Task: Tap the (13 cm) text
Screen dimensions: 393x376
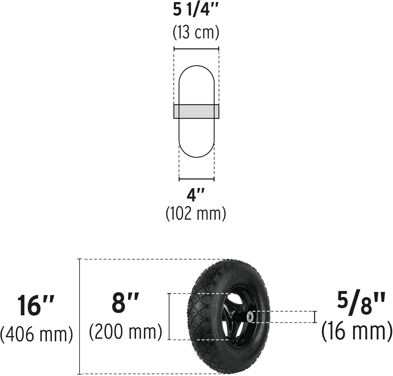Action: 196,33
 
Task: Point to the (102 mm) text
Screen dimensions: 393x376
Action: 196,213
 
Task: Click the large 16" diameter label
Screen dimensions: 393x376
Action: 36,305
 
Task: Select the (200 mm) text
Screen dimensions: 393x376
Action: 125,332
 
